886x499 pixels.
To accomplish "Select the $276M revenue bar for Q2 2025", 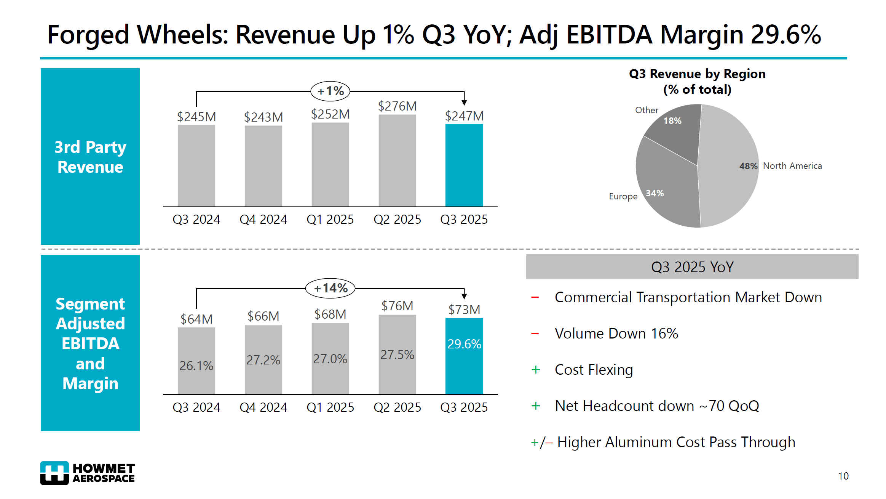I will pyautogui.click(x=397, y=160).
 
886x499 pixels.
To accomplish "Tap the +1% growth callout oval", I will pyautogui.click(x=330, y=91).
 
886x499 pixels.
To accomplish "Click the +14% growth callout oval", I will pyautogui.click(x=330, y=288).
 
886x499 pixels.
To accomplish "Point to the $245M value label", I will pyautogui.click(x=196, y=117).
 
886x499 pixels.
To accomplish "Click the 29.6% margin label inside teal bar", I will pyautogui.click(x=464, y=344).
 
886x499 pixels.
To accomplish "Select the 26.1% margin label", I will pyautogui.click(x=196, y=366).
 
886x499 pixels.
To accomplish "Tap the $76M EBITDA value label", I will pyautogui.click(x=397, y=306).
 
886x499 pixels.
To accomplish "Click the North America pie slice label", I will pyautogui.click(x=792, y=166).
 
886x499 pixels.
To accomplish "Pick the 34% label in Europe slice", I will pyautogui.click(x=655, y=193).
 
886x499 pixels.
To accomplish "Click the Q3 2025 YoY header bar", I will pyautogui.click(x=692, y=267).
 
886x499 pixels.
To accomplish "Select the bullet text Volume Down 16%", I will pyautogui.click(x=616, y=334).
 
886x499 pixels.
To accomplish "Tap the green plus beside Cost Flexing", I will pyautogui.click(x=535, y=370).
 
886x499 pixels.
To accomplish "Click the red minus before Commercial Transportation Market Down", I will pyautogui.click(x=535, y=297).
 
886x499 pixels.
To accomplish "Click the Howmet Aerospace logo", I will pyautogui.click(x=87, y=473).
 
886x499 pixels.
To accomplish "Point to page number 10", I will pyautogui.click(x=843, y=476).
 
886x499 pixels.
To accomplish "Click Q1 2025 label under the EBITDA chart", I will pyautogui.click(x=330, y=407).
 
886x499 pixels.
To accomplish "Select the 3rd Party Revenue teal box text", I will pyautogui.click(x=90, y=157).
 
